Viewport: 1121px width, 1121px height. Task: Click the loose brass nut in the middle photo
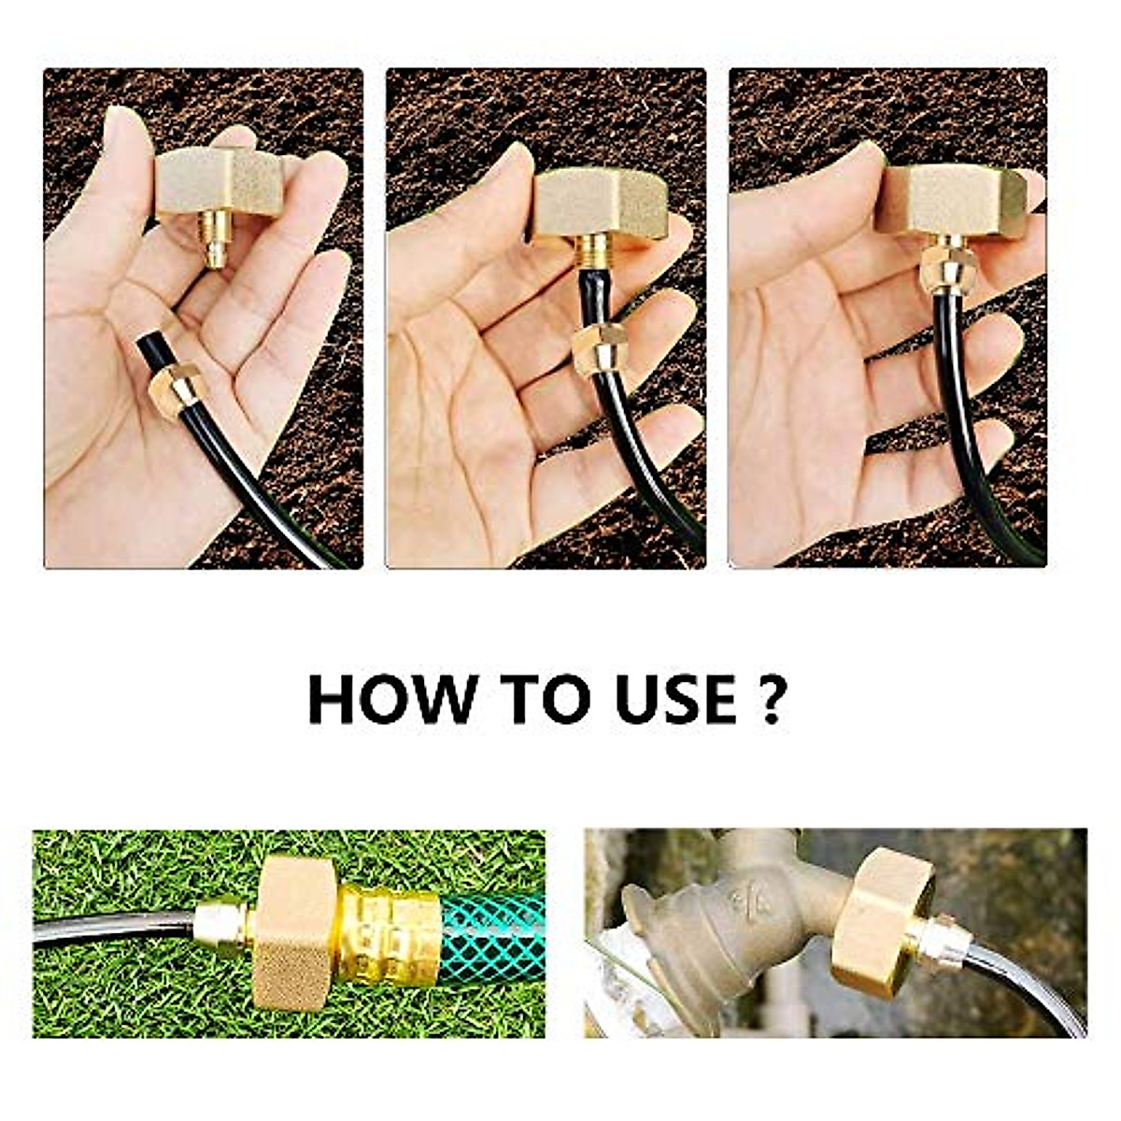tap(599, 348)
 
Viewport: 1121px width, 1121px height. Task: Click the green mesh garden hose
tap(491, 934)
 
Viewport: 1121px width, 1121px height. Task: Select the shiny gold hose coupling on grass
tap(388, 934)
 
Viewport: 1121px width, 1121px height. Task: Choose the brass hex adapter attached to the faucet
tap(883, 920)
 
